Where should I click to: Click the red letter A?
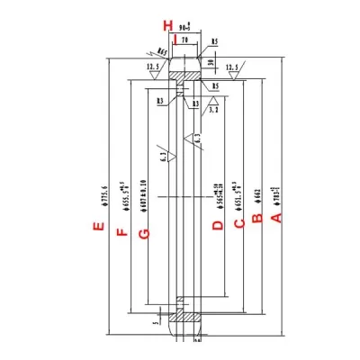277,217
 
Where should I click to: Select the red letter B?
256,217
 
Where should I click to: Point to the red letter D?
217,224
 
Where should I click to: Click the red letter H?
166,24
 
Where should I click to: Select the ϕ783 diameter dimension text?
277,192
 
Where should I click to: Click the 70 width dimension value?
185,40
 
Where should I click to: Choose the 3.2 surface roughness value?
214,108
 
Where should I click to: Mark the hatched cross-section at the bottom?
187,317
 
